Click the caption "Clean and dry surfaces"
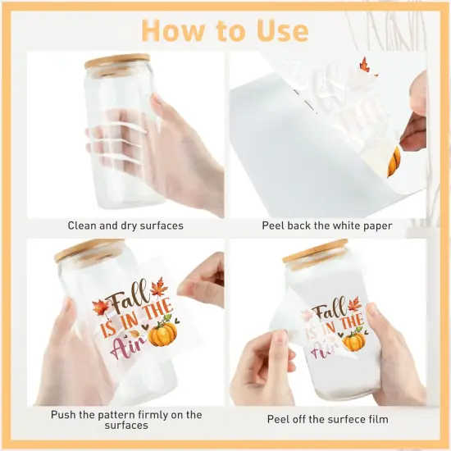[126, 225]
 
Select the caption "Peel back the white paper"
[327, 225]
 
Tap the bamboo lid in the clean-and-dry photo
[117, 63]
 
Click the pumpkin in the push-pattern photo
[162, 332]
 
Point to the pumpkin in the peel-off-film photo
[355, 339]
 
